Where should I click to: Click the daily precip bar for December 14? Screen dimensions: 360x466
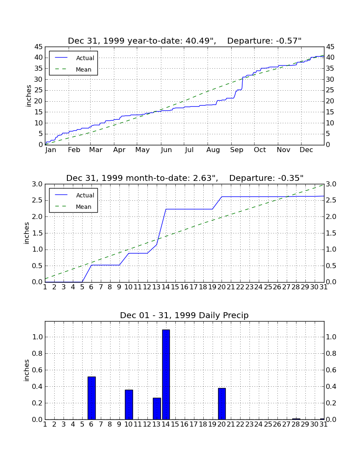click(x=166, y=374)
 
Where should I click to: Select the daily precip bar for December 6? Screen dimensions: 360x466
click(x=91, y=398)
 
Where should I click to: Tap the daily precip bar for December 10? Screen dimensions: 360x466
click(x=129, y=405)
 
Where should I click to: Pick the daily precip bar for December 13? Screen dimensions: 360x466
click(x=157, y=409)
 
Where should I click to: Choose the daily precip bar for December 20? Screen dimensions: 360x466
click(x=222, y=404)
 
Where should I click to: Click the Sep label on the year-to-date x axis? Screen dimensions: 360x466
click(x=236, y=150)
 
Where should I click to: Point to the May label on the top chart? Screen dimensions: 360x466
click(x=143, y=150)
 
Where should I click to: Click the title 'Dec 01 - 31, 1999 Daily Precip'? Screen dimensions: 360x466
click(x=184, y=315)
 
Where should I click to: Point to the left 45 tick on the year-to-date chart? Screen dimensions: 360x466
click(x=39, y=47)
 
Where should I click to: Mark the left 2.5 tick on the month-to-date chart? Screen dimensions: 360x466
click(x=37, y=200)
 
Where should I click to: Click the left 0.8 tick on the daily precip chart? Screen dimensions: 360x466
click(x=37, y=354)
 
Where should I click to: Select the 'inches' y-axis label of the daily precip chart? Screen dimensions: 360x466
click(x=27, y=370)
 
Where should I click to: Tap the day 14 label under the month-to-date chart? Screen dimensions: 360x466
click(x=166, y=287)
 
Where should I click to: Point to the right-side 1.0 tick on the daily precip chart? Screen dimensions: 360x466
click(x=331, y=337)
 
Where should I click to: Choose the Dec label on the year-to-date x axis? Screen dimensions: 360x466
click(x=306, y=150)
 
